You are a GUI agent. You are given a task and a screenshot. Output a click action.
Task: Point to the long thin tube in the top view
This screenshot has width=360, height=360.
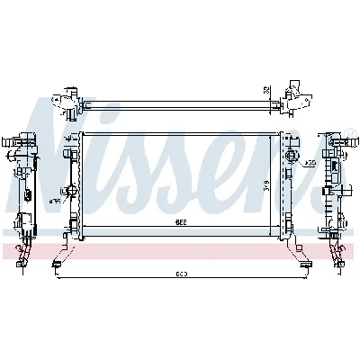coord(180,93)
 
